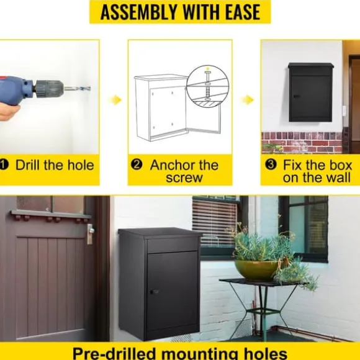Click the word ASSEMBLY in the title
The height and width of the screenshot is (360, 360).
pyautogui.click(x=138, y=12)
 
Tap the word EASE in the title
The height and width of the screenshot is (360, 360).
pyautogui.click(x=243, y=12)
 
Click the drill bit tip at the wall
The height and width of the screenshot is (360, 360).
pyautogui.click(x=89, y=88)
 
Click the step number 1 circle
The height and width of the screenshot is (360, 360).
pyautogui.click(x=4, y=165)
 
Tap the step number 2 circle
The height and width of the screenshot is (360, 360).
pyautogui.click(x=137, y=164)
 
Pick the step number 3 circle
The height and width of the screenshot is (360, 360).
pyautogui.click(x=271, y=164)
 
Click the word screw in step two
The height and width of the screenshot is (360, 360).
pyautogui.click(x=184, y=178)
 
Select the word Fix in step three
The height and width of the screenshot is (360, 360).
pyautogui.click(x=292, y=165)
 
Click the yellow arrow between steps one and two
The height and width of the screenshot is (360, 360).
pyautogui.click(x=115, y=100)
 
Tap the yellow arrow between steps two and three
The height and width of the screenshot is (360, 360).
pyautogui.click(x=248, y=100)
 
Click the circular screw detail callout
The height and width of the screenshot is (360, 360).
pyautogui.click(x=207, y=86)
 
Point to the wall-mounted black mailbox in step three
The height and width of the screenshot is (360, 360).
pyautogui.click(x=310, y=92)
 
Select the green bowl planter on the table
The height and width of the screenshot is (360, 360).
pyautogui.click(x=256, y=270)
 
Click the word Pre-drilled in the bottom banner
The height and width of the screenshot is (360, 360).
pyautogui.click(x=115, y=354)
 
